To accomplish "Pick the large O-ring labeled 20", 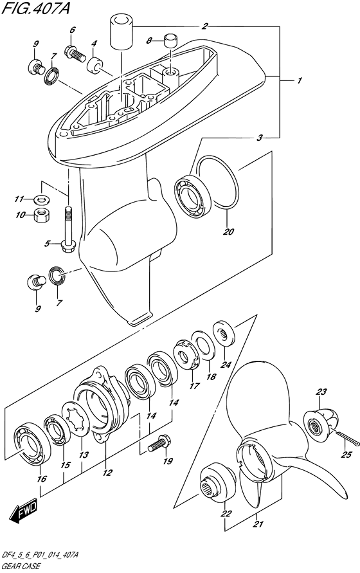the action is click(217, 183).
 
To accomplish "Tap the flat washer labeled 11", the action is click(42, 199).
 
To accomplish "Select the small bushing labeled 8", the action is click(170, 41).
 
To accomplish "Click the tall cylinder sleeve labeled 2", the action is click(120, 32).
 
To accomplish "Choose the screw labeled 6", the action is click(75, 53).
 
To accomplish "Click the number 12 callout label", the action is click(107, 473).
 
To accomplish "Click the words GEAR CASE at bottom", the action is click(21, 567).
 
